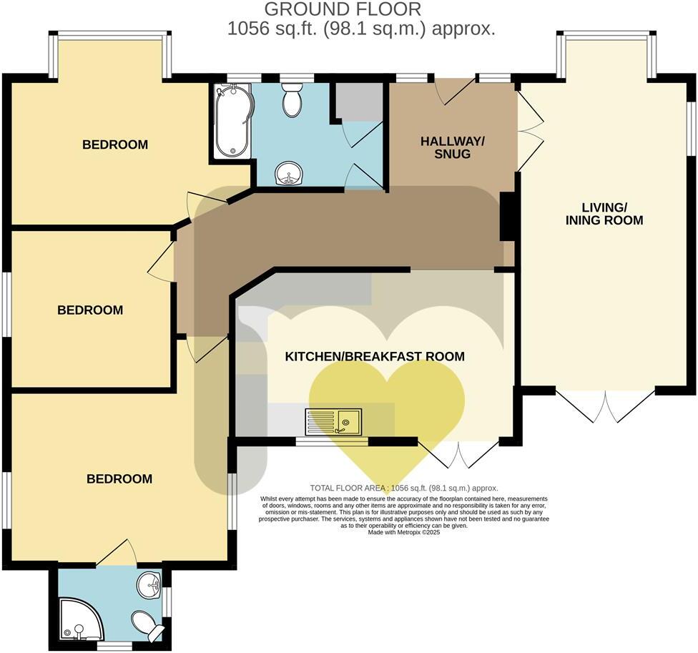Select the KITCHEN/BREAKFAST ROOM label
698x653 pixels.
click(375, 356)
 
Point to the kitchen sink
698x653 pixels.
click(334, 421)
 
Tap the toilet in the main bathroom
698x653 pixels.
click(292, 101)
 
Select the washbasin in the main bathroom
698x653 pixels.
click(290, 172)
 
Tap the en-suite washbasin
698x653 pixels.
click(150, 586)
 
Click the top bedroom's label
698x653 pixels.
click(115, 144)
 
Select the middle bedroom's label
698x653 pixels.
click(90, 310)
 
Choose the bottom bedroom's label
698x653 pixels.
click(119, 478)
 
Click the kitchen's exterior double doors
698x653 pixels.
click(458, 453)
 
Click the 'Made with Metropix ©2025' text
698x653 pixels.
click(404, 532)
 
